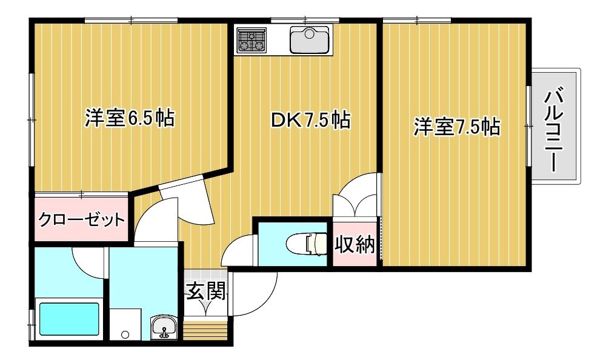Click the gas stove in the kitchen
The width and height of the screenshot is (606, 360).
pyautogui.click(x=252, y=40)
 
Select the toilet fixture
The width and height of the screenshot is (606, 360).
pyautogui.click(x=307, y=244)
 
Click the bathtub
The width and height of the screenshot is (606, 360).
pyautogui.click(x=69, y=319)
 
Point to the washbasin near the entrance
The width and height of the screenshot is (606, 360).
pyautogui.click(x=164, y=327)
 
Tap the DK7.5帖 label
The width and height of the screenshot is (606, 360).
pyautogui.click(x=310, y=120)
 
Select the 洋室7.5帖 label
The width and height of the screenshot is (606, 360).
pyautogui.click(x=457, y=127)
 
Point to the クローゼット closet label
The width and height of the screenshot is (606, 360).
pyautogui.click(x=82, y=219)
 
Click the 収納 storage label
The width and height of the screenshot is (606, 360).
pyautogui.click(x=355, y=244)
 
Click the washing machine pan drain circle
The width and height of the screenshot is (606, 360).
pyautogui.click(x=125, y=335)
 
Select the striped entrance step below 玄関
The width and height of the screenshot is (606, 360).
pyautogui.click(x=205, y=330)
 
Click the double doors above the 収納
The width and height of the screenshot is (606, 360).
pyautogui.click(x=355, y=197)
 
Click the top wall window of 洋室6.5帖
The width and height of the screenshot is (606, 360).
pyautogui.click(x=131, y=20)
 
